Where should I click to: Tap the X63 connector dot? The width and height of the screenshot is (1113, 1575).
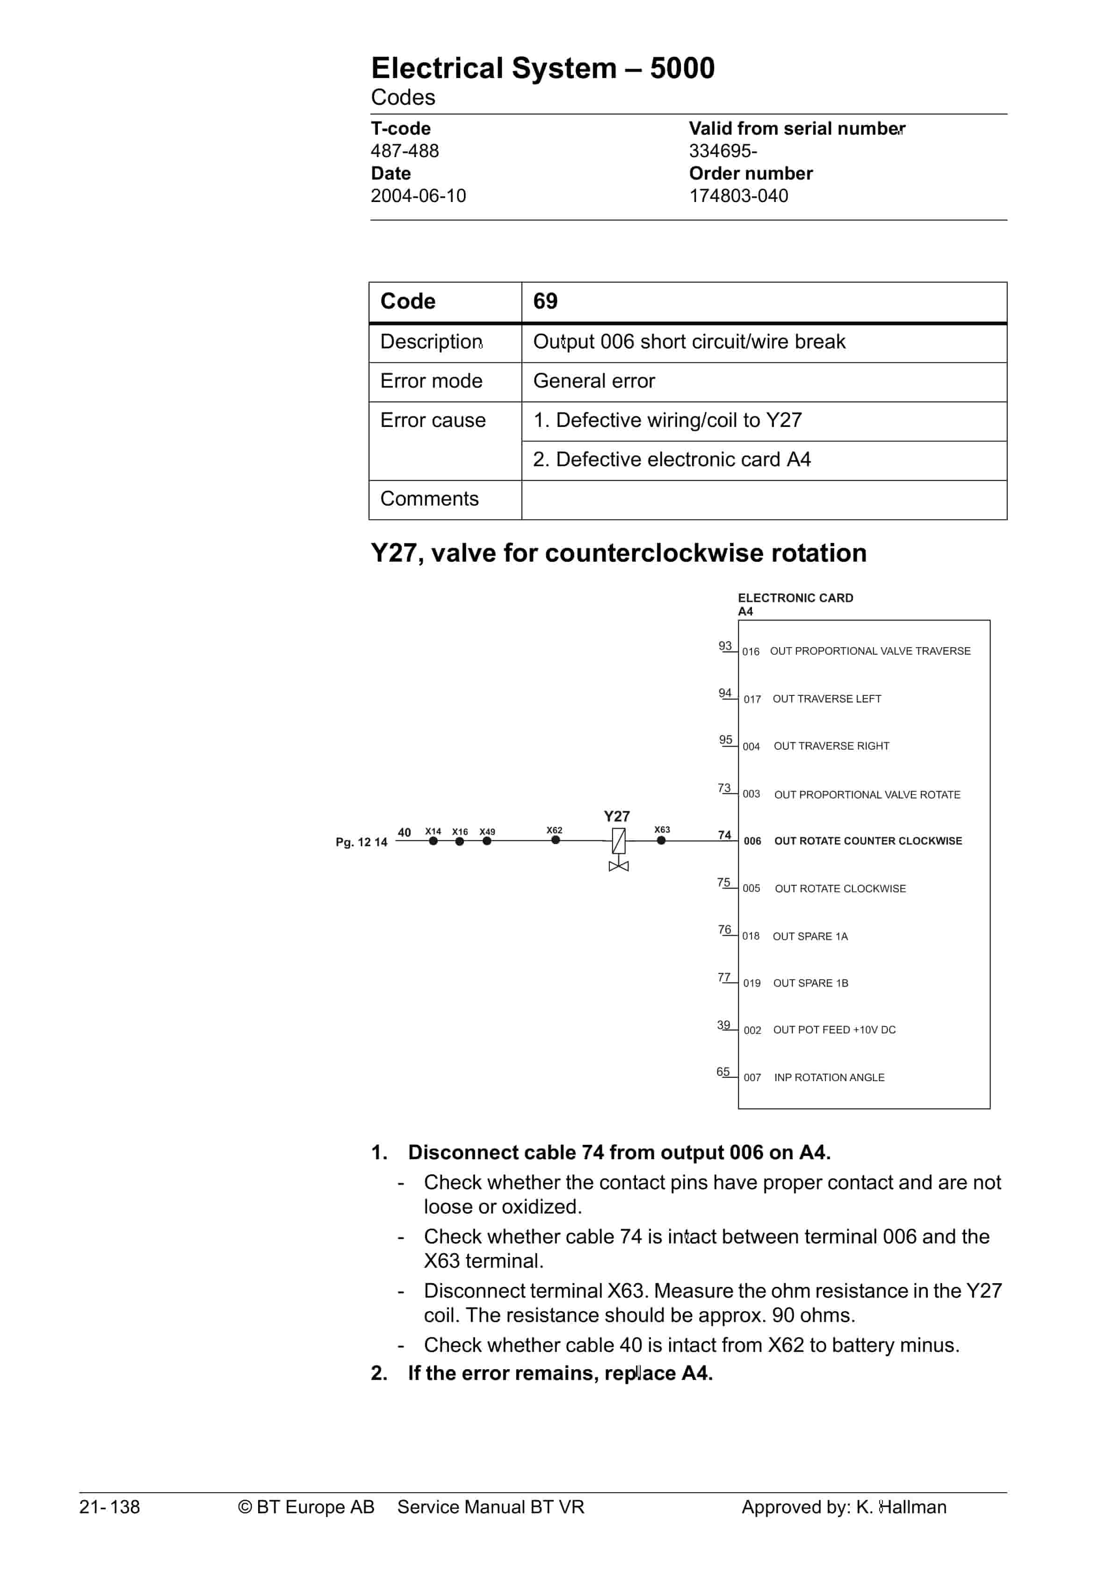662,841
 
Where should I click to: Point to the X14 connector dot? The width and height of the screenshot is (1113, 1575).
433,841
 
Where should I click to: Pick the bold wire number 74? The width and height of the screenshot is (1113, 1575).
724,835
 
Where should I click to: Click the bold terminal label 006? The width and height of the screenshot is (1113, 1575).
752,841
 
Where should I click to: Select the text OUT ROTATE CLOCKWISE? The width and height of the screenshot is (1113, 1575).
840,889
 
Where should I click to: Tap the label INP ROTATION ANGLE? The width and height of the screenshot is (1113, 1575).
829,1077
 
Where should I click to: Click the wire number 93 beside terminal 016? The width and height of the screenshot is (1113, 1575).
724,645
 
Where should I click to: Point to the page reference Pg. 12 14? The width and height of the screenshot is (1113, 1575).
361,842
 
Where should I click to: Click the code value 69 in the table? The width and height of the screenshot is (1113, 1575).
546,301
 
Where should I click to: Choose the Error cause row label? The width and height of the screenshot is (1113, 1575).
433,420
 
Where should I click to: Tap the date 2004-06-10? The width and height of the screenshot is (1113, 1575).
418,195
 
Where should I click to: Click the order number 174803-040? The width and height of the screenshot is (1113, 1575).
738,195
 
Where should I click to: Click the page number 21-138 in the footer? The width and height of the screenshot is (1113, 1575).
110,1507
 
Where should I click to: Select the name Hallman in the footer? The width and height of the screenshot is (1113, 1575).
913,1507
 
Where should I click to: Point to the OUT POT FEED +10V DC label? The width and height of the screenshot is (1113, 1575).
834,1030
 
